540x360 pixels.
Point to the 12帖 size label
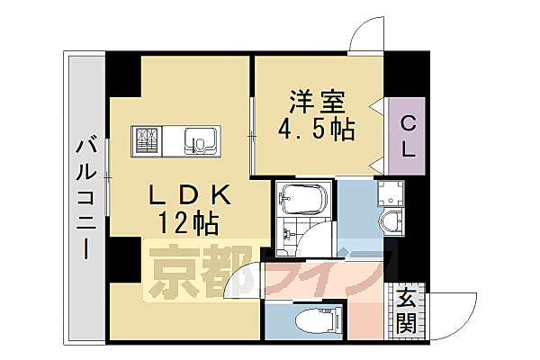(189, 222)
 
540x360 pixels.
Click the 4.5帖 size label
(315, 129)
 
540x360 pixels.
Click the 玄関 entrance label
(408, 310)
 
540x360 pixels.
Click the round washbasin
(392, 222)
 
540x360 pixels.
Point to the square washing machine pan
(392, 193)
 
